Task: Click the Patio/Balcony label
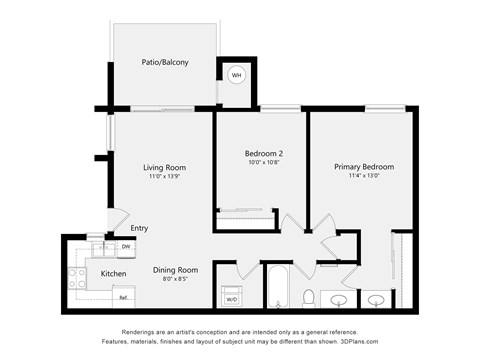tap(165, 62)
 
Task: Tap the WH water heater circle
tap(237, 75)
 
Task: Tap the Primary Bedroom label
tap(363, 167)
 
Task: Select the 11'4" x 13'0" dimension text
tap(363, 177)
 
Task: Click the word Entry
tap(139, 228)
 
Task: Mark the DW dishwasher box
tap(126, 247)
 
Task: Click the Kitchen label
tap(113, 273)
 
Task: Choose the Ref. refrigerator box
tap(123, 296)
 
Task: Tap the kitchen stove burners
tap(75, 279)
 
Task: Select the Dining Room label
tap(175, 270)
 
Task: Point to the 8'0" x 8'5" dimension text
tap(175, 280)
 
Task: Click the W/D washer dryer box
tap(232, 298)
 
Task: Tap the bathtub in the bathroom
tap(277, 288)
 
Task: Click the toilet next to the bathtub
tap(309, 298)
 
